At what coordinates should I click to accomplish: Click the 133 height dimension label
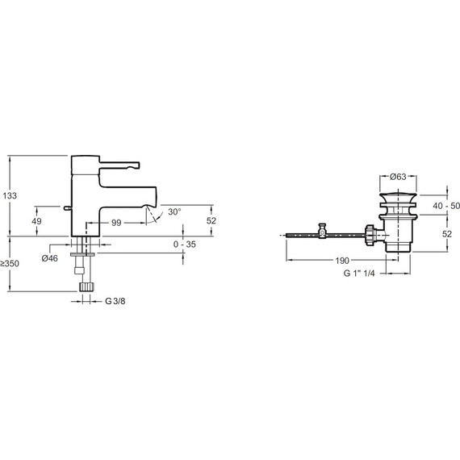(x=10, y=195)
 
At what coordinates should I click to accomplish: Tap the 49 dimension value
(x=36, y=221)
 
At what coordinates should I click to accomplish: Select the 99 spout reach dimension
(x=116, y=223)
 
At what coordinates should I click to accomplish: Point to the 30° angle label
(x=174, y=211)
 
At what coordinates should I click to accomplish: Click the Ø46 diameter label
(x=50, y=258)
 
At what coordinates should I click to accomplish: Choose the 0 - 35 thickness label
(x=185, y=245)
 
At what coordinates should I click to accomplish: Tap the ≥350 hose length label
(x=10, y=263)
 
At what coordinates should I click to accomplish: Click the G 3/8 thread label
(x=115, y=301)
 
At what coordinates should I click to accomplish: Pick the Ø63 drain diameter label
(x=398, y=177)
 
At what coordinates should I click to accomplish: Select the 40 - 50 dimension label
(x=446, y=206)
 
